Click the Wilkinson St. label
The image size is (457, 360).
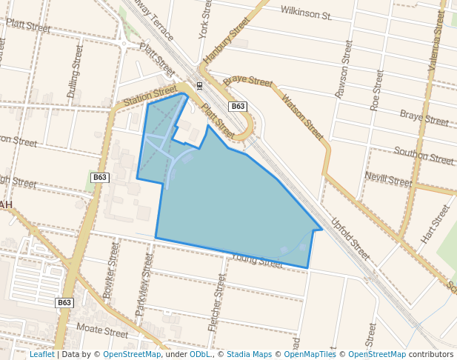click(306, 12)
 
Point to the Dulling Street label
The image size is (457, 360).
click(76, 71)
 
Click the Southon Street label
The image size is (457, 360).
click(423, 156)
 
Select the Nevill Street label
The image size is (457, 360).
click(388, 179)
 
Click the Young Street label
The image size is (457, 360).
click(257, 259)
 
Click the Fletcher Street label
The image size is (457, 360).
click(216, 301)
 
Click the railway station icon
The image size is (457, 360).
click(199, 84)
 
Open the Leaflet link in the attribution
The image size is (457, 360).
click(41, 355)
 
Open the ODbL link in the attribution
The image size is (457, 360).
click(199, 355)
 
